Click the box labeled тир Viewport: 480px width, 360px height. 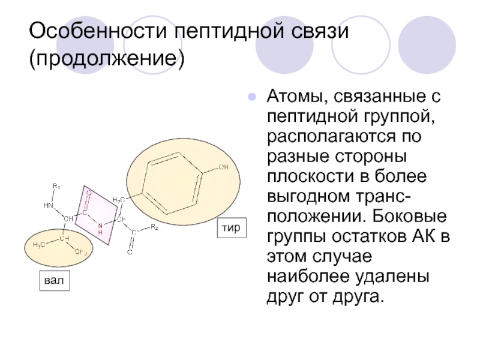point(232,227)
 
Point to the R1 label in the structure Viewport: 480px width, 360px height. point(56,185)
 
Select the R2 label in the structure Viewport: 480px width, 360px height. point(154,226)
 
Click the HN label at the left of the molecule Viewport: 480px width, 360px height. point(48,205)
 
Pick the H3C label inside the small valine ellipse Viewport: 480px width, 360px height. point(40,244)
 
